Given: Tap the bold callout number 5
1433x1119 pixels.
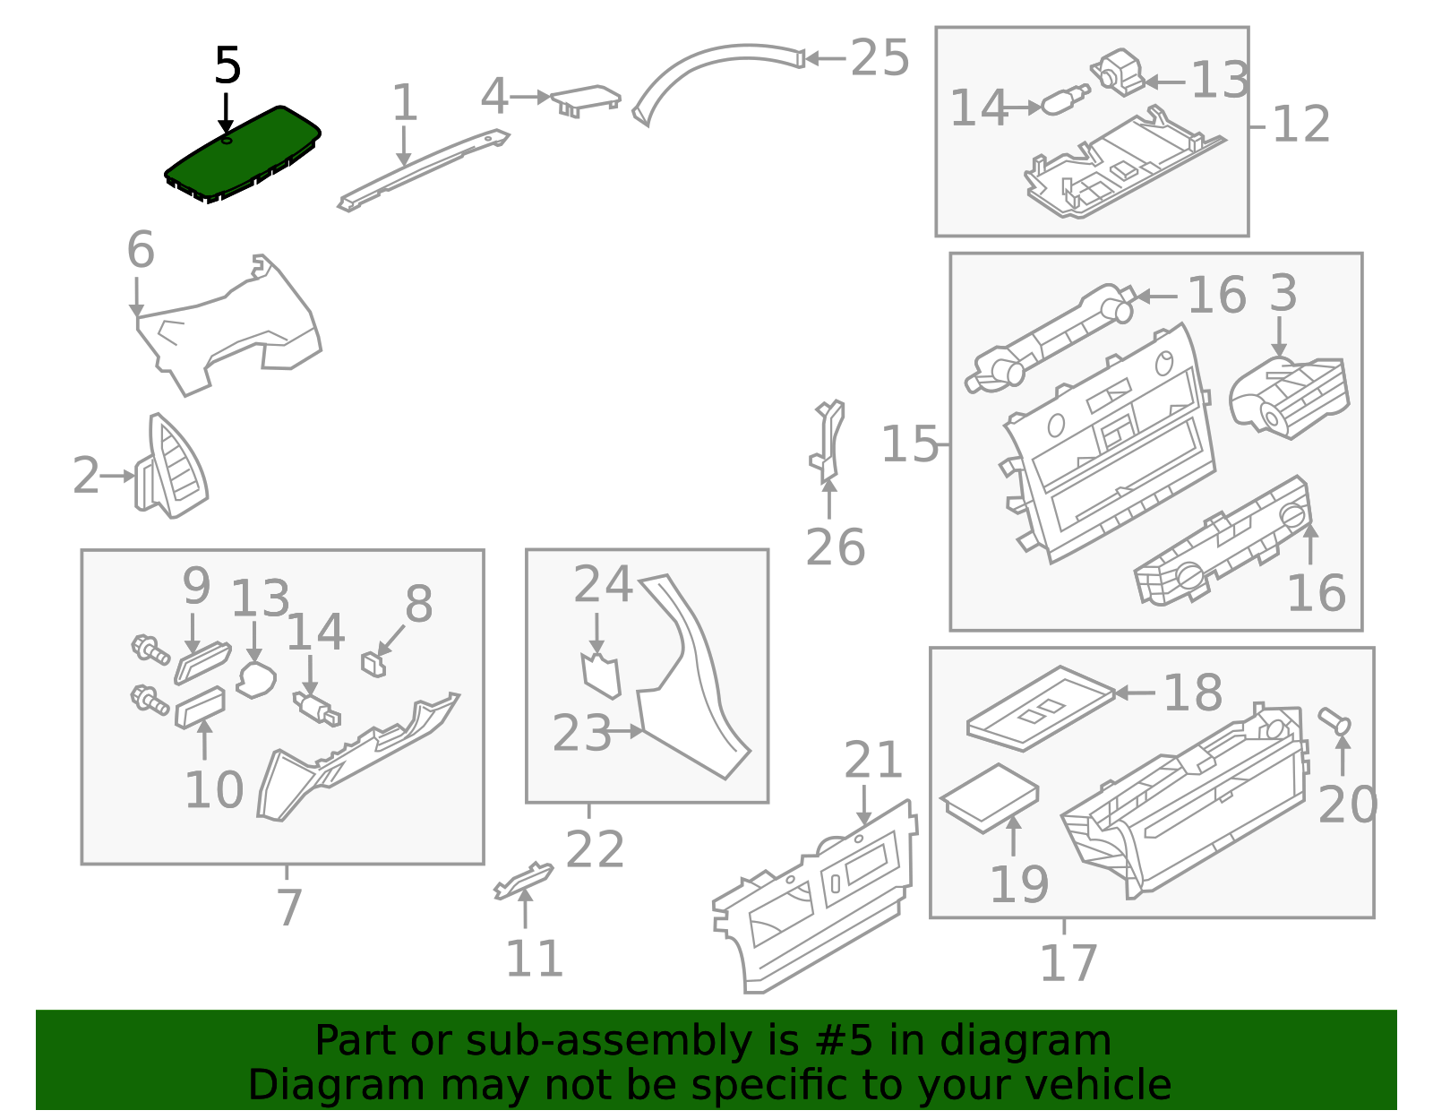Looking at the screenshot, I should tap(227, 66).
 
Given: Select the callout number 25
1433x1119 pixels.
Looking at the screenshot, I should tap(880, 59).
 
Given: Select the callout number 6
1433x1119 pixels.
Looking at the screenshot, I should tap(141, 249).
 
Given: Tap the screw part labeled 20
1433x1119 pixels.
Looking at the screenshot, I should tap(1334, 720).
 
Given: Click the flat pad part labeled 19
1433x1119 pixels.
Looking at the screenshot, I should tap(989, 796).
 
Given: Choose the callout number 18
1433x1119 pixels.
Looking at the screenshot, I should tap(1192, 693).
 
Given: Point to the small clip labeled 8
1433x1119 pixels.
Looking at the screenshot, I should tap(373, 664).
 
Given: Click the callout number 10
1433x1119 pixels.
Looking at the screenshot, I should tap(214, 790).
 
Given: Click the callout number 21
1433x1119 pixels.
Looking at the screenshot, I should tap(873, 761).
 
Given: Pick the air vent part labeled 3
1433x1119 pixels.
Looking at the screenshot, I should tap(1290, 399).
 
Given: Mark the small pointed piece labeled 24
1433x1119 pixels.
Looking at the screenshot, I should tap(601, 676).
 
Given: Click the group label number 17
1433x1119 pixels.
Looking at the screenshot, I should tap(1068, 963).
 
